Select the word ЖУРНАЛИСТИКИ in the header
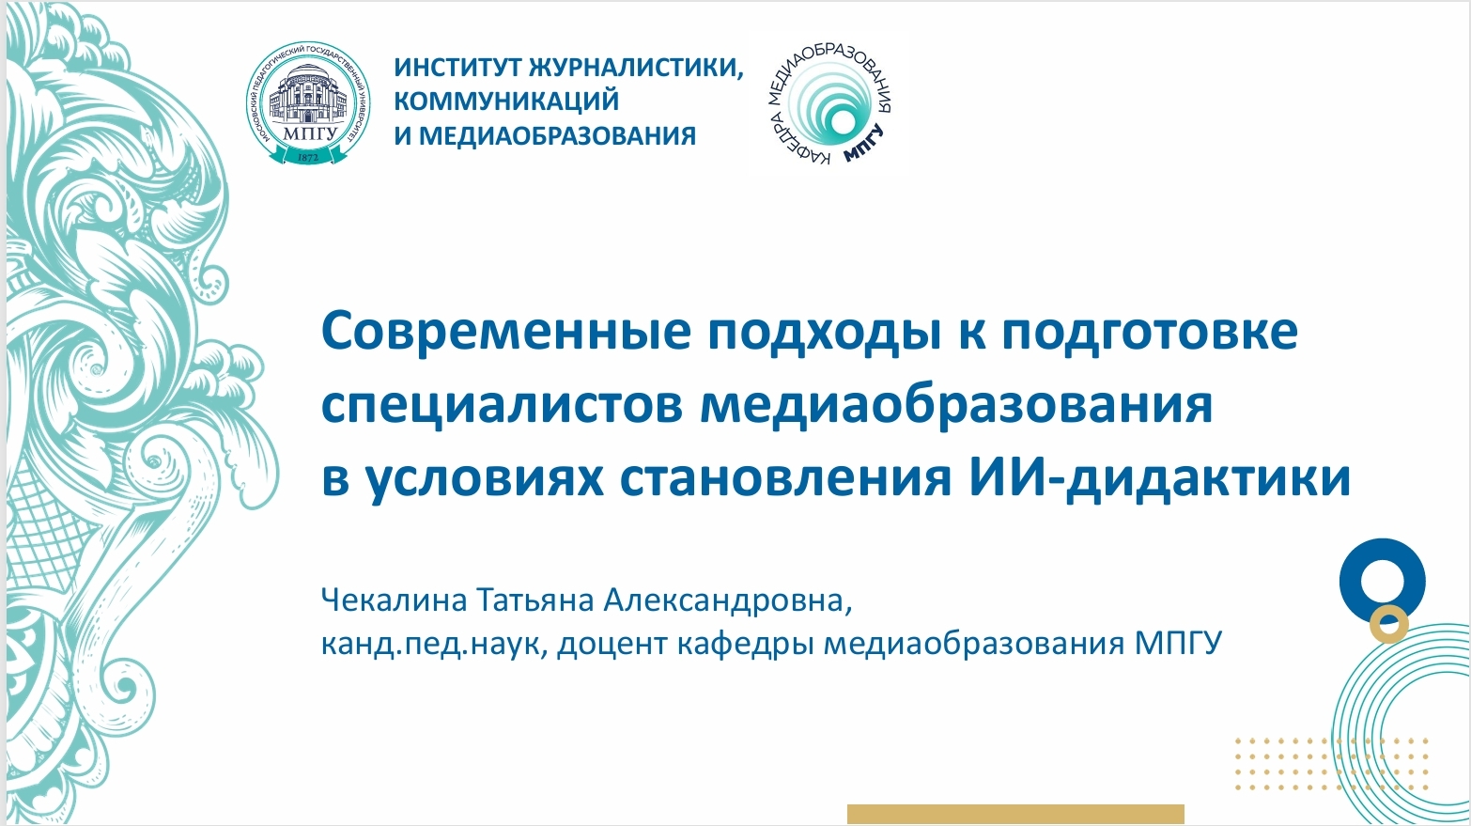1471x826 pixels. click(x=636, y=68)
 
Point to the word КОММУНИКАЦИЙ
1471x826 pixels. click(x=506, y=101)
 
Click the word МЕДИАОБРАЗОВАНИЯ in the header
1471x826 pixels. click(x=558, y=135)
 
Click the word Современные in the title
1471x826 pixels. click(x=506, y=332)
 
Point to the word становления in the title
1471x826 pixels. click(x=785, y=478)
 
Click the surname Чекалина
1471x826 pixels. click(x=393, y=600)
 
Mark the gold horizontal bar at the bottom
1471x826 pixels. click(x=1015, y=814)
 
